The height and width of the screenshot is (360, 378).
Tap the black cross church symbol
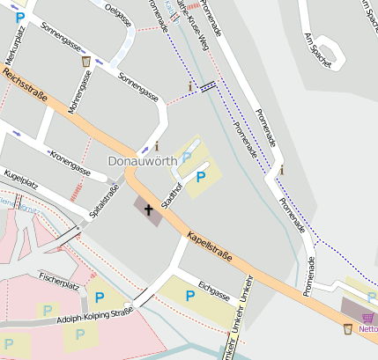[148, 210]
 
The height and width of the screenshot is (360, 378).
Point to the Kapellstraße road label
[209, 246]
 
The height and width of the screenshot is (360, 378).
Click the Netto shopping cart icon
[367, 318]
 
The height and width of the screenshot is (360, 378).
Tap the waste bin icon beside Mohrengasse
[85, 61]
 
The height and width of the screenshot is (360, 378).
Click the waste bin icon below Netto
[348, 329]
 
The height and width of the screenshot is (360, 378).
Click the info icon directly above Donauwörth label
[158, 145]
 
